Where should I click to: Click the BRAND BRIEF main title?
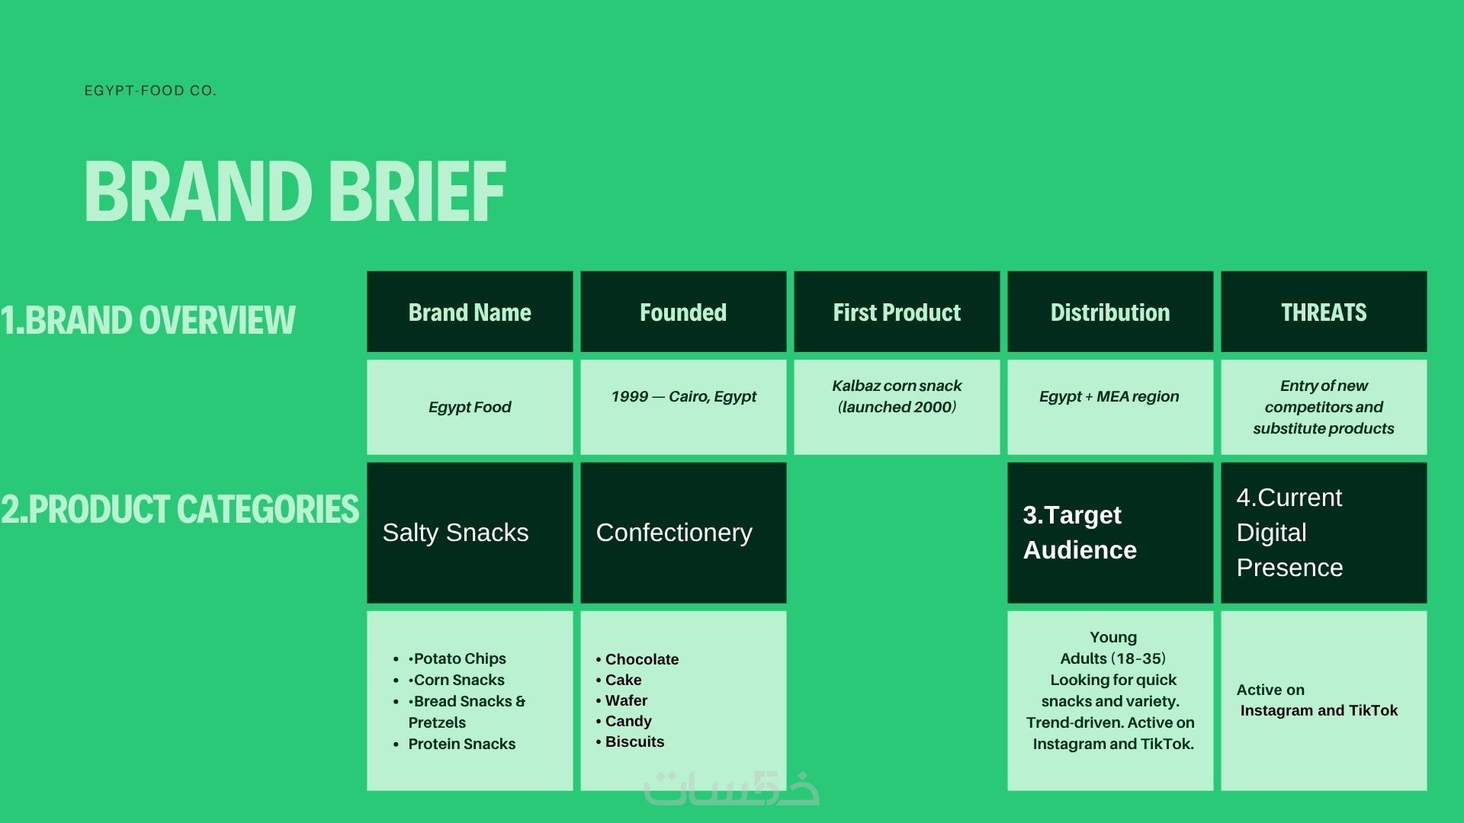pyautogui.click(x=294, y=191)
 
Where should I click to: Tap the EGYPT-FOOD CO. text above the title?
pyautogui.click(x=150, y=91)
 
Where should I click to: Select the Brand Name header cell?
pyautogui.click(x=470, y=312)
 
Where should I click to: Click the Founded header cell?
pyautogui.click(x=683, y=312)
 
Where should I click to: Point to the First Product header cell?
pyautogui.click(x=897, y=312)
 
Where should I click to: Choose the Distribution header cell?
pyautogui.click(x=1110, y=312)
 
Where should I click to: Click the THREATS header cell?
pyautogui.click(x=1324, y=312)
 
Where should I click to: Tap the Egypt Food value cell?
pyautogui.click(x=470, y=407)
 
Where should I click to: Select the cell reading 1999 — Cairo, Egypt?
pyautogui.click(x=683, y=407)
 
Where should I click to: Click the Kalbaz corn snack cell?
pyautogui.click(x=897, y=407)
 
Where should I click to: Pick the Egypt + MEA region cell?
pyautogui.click(x=1110, y=407)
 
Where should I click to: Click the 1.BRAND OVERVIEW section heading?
pyautogui.click(x=148, y=320)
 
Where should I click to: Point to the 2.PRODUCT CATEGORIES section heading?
pyautogui.click(x=180, y=509)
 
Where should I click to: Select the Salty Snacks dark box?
pyautogui.click(x=470, y=533)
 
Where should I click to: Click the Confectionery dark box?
pyautogui.click(x=683, y=533)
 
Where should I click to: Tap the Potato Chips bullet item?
pyautogui.click(x=457, y=658)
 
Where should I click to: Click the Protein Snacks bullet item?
pyautogui.click(x=461, y=744)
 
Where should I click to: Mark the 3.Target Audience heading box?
pyautogui.click(x=1110, y=533)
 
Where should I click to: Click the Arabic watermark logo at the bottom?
pyautogui.click(x=732, y=788)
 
